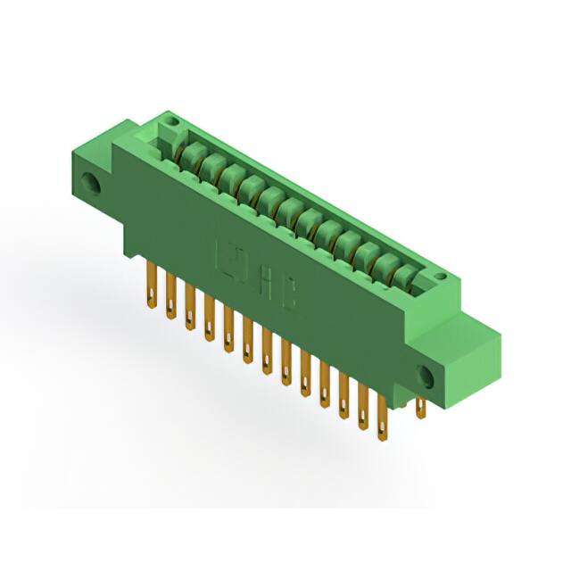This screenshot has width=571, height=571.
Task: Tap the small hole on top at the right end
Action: click(x=439, y=281)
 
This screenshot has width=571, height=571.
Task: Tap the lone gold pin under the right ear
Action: click(x=421, y=408)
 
